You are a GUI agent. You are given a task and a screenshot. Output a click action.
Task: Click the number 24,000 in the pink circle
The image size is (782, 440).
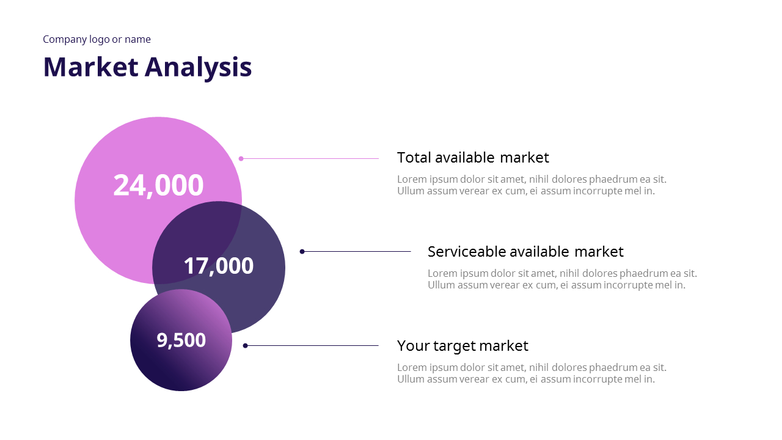coord(158,185)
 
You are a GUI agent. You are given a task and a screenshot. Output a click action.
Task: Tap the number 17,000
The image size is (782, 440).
coord(218,266)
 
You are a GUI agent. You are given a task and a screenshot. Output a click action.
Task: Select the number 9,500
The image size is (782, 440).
coord(181,340)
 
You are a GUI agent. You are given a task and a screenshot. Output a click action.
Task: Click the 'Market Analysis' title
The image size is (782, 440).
coord(147,67)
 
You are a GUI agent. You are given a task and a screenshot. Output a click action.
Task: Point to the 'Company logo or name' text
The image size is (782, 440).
coord(97,39)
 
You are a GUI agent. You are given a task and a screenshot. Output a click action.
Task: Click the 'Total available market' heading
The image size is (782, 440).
coord(473,158)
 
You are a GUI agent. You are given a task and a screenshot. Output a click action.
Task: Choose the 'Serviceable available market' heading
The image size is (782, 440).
coord(525,252)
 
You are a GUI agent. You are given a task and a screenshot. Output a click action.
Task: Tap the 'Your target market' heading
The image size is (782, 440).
coord(462,346)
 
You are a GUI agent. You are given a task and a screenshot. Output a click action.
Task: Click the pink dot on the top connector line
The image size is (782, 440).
coord(241,158)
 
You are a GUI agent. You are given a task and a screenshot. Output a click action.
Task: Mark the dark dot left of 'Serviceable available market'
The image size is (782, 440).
coord(302,251)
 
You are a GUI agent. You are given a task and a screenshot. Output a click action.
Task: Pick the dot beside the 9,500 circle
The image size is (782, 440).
coord(245,346)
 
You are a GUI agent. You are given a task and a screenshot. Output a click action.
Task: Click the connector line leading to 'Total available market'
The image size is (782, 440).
coord(312,158)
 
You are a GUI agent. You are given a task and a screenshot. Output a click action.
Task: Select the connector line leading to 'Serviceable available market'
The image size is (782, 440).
coord(357,251)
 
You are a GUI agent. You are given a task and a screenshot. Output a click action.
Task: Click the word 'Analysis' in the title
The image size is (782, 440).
coord(199,67)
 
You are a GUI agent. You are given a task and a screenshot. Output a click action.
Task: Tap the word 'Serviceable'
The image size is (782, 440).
coord(466,252)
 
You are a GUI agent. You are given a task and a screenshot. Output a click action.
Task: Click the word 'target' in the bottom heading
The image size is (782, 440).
coord(454,346)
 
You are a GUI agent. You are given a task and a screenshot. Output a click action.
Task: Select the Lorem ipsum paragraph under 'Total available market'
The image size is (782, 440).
coord(532,185)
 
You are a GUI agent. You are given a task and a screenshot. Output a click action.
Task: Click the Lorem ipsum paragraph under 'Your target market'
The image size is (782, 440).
coord(532,373)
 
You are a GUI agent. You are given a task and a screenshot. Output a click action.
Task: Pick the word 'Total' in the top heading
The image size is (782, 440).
coord(414,158)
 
